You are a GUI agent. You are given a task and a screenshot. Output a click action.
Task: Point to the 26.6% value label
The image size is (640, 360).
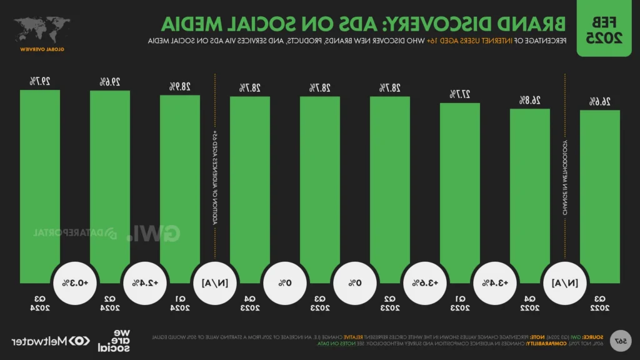600,101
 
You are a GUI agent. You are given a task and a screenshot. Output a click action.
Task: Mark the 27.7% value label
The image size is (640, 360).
460,94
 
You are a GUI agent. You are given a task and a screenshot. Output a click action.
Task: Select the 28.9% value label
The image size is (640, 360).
180,86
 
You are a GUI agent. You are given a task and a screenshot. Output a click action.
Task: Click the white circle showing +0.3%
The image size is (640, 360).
75,282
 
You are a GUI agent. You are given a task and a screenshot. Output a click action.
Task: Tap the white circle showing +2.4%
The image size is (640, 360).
145,282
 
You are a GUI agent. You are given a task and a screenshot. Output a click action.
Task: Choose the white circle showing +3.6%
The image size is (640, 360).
425,282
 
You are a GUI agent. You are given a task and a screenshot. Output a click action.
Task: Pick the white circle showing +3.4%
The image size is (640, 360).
495,282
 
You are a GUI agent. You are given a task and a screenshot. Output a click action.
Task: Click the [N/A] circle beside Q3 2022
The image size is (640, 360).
565,282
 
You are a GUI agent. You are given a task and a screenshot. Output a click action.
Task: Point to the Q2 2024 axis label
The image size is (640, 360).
110,302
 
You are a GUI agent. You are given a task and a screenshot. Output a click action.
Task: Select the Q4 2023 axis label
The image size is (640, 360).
250,302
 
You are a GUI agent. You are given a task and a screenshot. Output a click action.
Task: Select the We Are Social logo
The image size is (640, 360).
112,341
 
